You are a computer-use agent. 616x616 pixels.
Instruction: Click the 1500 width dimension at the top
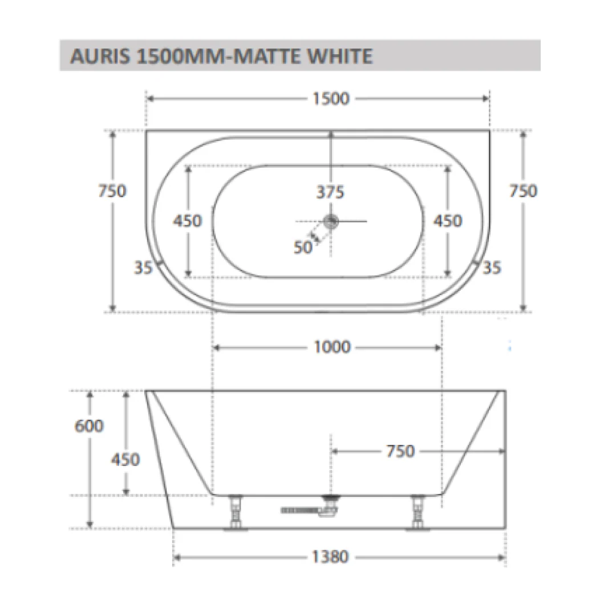point(331,99)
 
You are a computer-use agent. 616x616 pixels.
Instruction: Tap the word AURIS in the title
point(100,56)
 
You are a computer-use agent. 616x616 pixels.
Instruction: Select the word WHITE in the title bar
point(340,56)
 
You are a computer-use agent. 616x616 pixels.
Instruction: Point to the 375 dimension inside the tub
point(330,192)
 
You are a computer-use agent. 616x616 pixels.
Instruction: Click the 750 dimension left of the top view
point(112,191)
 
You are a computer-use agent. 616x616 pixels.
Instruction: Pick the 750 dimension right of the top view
point(523,191)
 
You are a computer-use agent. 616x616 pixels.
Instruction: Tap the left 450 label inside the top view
point(188,221)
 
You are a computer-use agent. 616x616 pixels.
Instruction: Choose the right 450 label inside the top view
point(448,221)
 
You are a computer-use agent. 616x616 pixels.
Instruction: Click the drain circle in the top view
point(331,221)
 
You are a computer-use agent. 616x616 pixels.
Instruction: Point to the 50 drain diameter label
point(303,247)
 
